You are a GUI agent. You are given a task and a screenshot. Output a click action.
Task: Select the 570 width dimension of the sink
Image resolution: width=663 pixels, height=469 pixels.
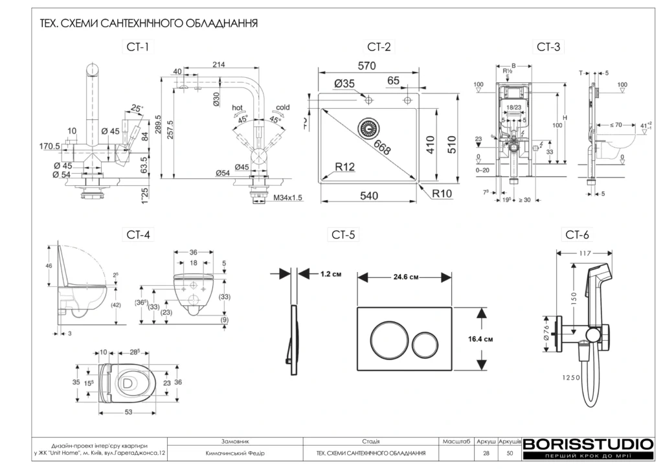367,66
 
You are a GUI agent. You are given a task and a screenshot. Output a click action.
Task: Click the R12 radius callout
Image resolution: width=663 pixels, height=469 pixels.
344,168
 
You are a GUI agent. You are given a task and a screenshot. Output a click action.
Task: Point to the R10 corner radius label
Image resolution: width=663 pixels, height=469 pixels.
442,193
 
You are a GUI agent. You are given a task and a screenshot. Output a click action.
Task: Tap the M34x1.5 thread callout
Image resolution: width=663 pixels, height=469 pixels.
287,198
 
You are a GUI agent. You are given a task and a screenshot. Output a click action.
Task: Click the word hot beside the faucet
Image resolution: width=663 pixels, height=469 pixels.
237,108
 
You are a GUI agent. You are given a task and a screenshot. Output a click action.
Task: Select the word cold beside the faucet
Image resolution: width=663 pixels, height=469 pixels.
283,108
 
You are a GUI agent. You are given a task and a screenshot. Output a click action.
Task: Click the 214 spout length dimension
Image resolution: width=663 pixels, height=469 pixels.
218,64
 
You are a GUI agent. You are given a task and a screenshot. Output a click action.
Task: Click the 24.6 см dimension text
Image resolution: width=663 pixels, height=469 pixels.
405,277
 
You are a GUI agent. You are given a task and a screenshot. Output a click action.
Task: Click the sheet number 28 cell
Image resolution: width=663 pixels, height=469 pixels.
486,453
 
